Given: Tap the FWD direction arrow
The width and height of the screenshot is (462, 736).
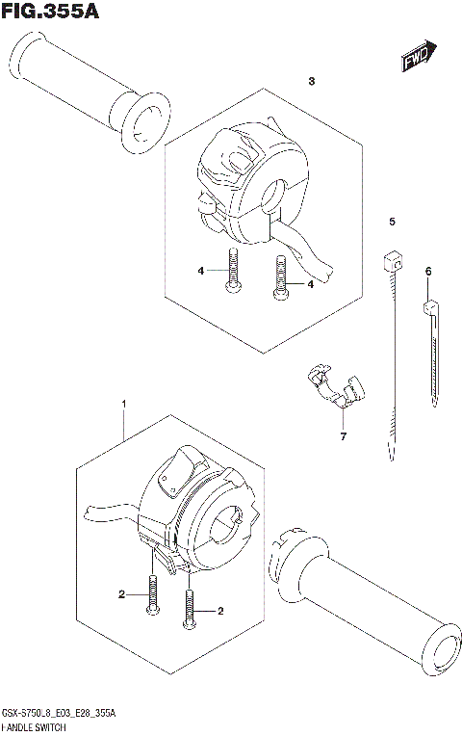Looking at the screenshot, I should pyautogui.click(x=419, y=57).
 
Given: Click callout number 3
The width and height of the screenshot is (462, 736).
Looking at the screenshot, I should pyautogui.click(x=312, y=82).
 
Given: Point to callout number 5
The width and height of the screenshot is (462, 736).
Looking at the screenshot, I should pyautogui.click(x=392, y=223).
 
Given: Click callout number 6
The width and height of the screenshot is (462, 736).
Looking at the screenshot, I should pyautogui.click(x=427, y=273).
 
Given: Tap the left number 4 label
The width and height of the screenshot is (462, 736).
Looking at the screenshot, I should pyautogui.click(x=201, y=271).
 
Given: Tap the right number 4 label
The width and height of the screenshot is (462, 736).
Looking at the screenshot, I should pyautogui.click(x=312, y=284).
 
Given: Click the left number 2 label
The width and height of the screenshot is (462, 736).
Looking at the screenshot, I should pyautogui.click(x=122, y=594).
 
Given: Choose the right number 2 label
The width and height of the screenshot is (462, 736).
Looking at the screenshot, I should pyautogui.click(x=220, y=611).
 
